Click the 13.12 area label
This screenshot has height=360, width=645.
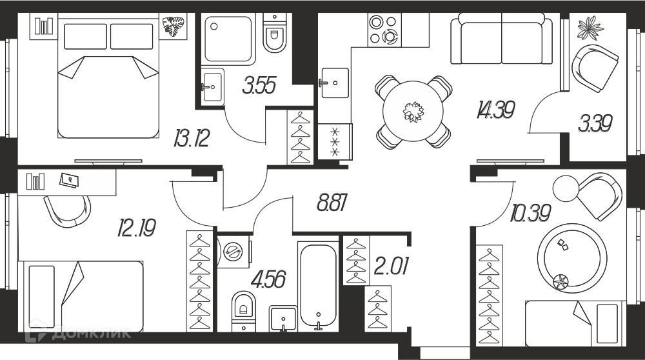click(x=192, y=138)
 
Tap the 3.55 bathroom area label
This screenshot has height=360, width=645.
click(x=259, y=85)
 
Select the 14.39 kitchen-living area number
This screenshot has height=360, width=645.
click(x=496, y=110)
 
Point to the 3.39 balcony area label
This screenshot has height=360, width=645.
click(x=595, y=123)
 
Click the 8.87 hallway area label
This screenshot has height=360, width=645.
click(x=333, y=203)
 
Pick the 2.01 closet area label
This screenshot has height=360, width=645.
click(x=392, y=266)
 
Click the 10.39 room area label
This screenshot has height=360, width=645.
click(x=531, y=213)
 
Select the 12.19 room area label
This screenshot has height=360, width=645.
click(x=137, y=228)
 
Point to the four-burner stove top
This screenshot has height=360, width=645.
click(x=384, y=30)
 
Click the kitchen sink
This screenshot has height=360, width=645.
click(x=334, y=83)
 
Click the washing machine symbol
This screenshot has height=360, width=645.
click(x=233, y=251)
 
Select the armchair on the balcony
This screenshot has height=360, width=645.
click(x=595, y=68)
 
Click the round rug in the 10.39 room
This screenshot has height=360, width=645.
click(x=571, y=258)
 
